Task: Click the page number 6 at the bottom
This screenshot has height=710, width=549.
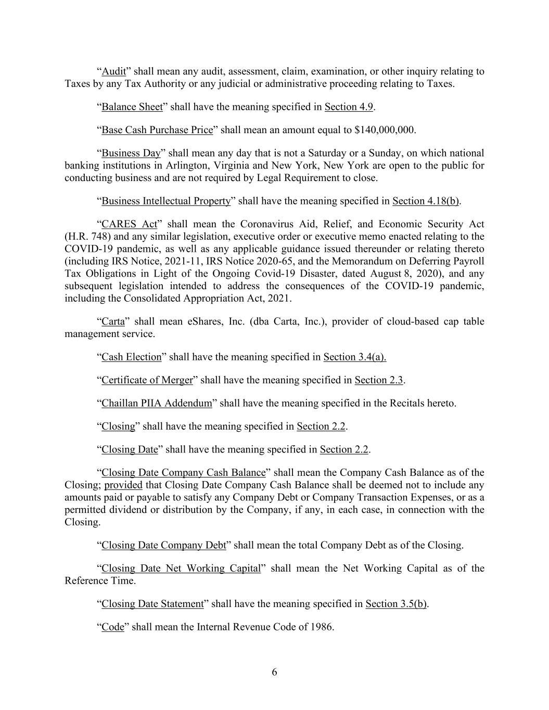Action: [x=274, y=673]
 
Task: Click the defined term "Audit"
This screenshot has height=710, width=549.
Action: [x=113, y=71]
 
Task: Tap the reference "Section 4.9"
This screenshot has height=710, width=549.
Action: [x=349, y=107]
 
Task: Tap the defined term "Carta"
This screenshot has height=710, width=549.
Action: [x=113, y=321]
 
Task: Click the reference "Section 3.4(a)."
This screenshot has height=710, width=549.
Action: [x=355, y=357]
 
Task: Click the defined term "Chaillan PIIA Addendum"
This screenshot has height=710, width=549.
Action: [x=157, y=403]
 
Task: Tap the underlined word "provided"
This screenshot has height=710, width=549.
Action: [x=123, y=485]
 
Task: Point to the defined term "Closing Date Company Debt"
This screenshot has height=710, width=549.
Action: [x=164, y=546]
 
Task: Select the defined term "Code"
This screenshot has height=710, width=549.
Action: [x=112, y=627]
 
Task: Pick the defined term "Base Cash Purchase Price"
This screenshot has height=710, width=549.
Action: [x=157, y=130]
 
